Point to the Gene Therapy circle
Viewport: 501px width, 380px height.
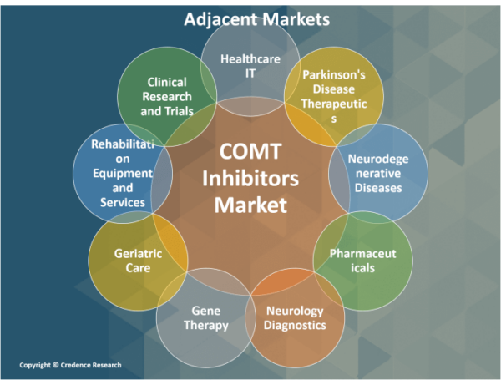[x=205, y=317]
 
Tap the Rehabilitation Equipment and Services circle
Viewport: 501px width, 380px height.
[x=122, y=174]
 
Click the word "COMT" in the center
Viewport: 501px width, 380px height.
[x=250, y=153]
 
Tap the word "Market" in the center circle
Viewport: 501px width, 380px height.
[x=250, y=204]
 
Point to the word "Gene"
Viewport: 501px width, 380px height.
[x=205, y=310]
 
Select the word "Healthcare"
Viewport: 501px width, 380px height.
[x=250, y=58]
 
